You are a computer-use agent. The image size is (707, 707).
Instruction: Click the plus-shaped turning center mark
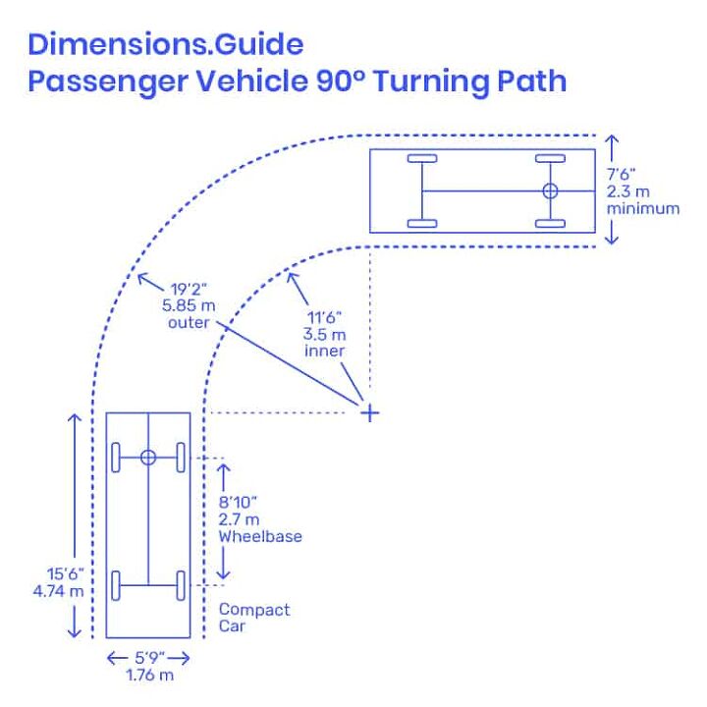(x=370, y=412)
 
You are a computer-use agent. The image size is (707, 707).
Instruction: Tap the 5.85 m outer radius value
(x=189, y=305)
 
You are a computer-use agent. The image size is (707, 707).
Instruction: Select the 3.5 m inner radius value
(x=325, y=335)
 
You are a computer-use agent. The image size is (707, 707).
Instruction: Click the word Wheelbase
(x=260, y=536)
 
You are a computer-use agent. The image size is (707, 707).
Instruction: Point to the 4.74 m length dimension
(x=59, y=591)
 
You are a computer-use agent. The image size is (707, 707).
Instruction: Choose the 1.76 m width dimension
(x=149, y=675)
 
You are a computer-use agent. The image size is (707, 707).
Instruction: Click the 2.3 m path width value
(x=627, y=191)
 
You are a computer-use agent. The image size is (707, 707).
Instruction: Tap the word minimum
(x=643, y=208)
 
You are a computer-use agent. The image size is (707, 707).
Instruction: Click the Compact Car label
(x=254, y=618)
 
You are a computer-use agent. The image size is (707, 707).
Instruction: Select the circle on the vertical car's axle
(x=148, y=458)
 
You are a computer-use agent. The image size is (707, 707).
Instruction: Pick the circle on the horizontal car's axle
(x=550, y=190)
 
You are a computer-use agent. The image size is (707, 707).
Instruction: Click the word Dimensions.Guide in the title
(x=166, y=44)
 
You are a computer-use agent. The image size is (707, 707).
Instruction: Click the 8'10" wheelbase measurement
(x=238, y=502)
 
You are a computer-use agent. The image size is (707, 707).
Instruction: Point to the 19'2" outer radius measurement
(x=189, y=289)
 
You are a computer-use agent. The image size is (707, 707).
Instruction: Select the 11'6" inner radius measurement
(x=325, y=317)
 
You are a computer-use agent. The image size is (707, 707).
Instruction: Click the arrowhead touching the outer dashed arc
(x=143, y=278)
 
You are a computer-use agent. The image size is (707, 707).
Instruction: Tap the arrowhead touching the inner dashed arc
(x=293, y=279)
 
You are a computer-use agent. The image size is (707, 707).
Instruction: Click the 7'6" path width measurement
(x=621, y=174)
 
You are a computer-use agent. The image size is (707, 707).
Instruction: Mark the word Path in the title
(x=531, y=81)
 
